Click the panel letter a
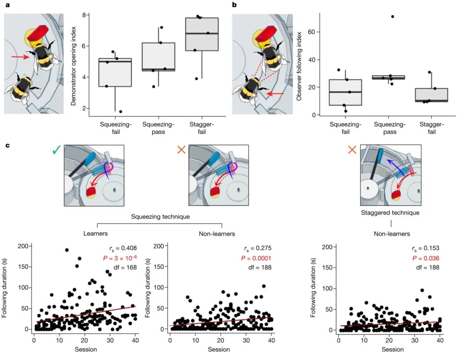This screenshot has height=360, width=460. [7, 5]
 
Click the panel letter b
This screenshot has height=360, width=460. [234, 5]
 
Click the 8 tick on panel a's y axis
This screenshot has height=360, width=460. [84, 15]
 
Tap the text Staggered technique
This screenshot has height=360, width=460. [391, 212]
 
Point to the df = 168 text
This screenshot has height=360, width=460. [124, 267]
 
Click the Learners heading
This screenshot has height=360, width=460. [95, 234]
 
